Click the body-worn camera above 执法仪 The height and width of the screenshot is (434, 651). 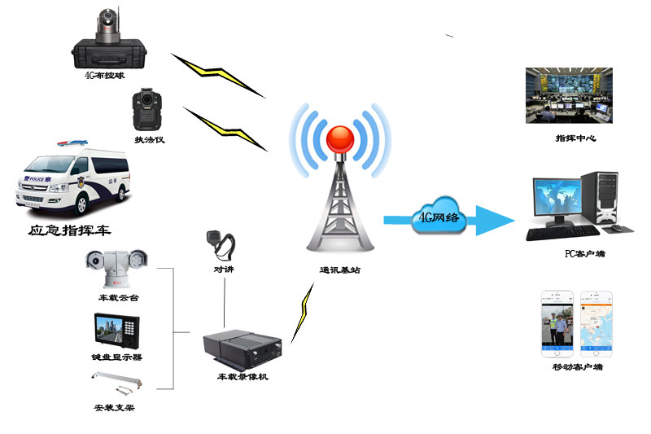coord(146,109)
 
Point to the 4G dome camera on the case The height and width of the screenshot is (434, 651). coord(107,28)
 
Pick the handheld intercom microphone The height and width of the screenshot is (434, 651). coord(222,244)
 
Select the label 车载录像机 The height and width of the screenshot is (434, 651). coord(242,377)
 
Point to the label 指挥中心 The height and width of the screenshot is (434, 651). coord(575,138)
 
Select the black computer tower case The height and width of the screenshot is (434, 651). coord(609,200)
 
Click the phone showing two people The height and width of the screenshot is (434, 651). coord(558,325)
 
